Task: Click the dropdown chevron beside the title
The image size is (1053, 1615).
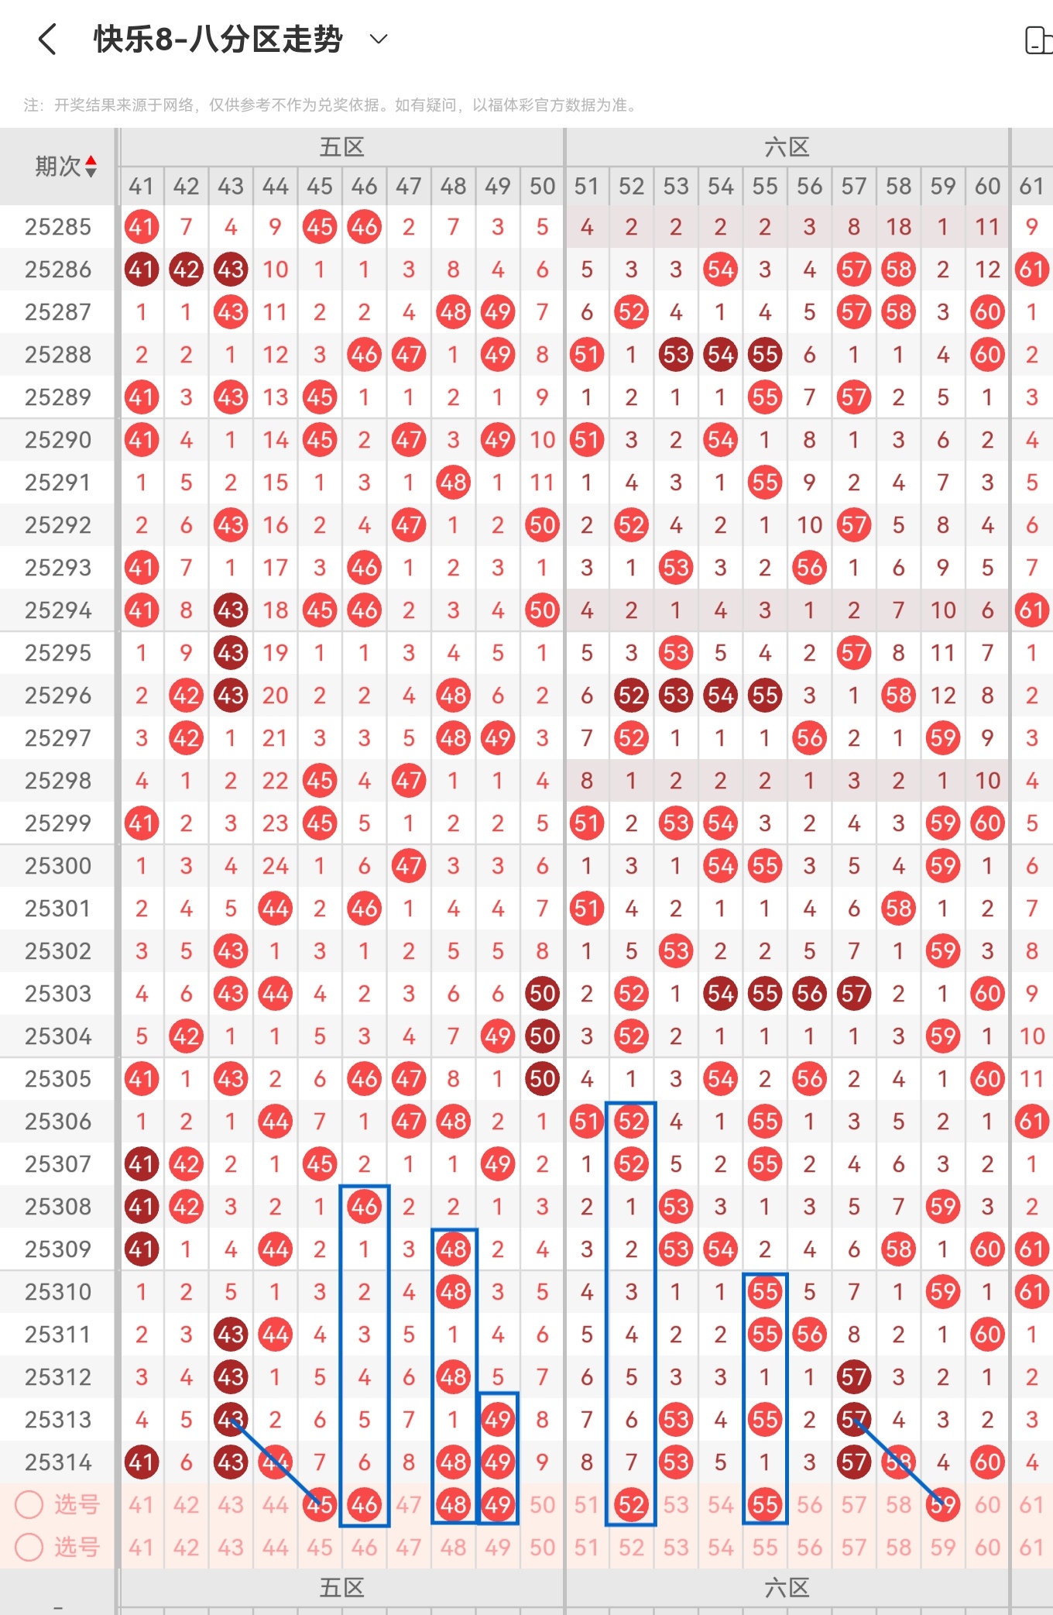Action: click(x=379, y=39)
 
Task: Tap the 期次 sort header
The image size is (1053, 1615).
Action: click(x=67, y=166)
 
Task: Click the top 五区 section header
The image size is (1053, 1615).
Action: click(x=341, y=147)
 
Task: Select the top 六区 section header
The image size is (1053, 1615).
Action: click(x=787, y=147)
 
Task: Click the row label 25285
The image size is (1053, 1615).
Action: click(x=58, y=227)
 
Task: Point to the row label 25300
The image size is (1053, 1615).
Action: click(x=58, y=866)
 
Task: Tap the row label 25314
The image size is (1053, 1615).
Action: click(x=58, y=1462)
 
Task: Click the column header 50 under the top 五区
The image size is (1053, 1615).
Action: click(x=542, y=186)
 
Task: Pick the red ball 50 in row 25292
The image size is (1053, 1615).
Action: click(x=542, y=525)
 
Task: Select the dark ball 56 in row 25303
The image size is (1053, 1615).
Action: click(x=809, y=994)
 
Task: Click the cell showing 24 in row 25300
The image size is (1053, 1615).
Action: click(x=275, y=866)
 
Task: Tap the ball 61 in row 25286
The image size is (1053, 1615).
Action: click(x=1031, y=270)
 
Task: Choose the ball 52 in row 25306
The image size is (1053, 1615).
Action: click(x=631, y=1122)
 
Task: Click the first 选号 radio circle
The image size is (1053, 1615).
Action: click(x=29, y=1504)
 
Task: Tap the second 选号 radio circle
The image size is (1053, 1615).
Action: click(x=29, y=1547)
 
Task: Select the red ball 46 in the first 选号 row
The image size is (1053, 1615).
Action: click(x=364, y=1504)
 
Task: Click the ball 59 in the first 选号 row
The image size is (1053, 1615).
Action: click(x=943, y=1504)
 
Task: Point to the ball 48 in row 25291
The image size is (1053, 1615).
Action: click(x=453, y=483)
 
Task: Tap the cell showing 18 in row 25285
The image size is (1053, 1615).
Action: click(x=898, y=227)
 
